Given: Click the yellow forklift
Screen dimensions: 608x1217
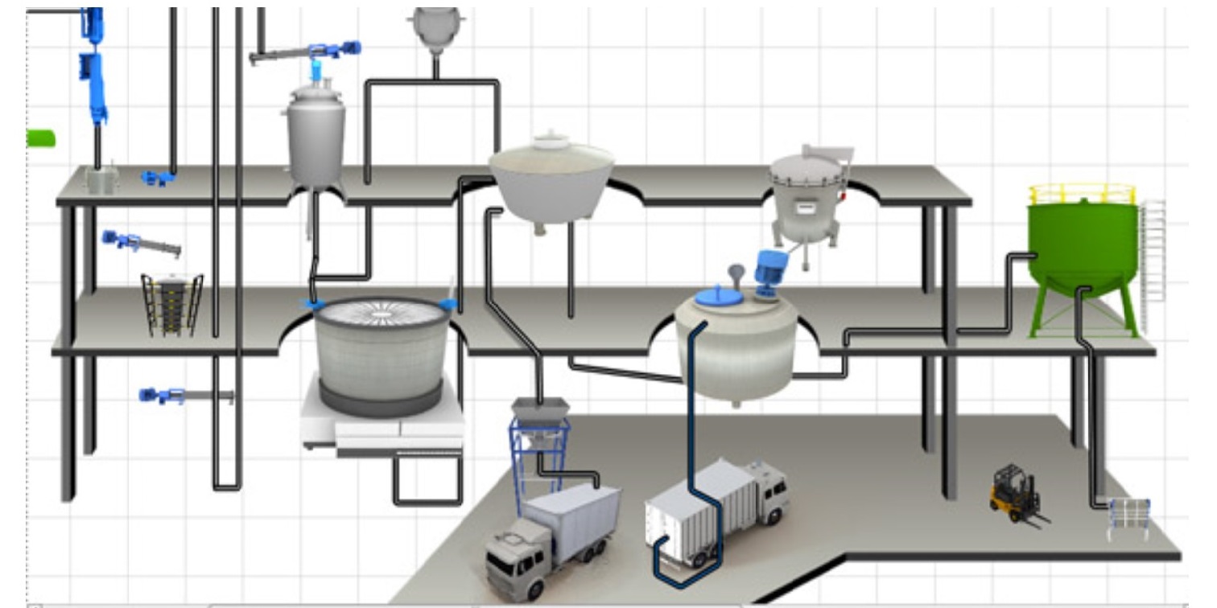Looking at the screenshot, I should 1013,493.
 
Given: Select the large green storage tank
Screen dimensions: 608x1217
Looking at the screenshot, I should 1082,245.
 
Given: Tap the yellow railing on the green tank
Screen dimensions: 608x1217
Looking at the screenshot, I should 1082,193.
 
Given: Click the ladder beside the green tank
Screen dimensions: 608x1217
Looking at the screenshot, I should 1153,249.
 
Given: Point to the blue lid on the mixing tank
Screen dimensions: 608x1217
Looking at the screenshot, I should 719,297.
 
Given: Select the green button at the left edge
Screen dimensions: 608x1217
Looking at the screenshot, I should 41,138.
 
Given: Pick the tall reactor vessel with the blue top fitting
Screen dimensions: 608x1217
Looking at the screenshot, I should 316,137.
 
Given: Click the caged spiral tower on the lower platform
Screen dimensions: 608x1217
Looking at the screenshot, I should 171,304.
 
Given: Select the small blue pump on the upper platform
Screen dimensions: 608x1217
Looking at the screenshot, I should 158,177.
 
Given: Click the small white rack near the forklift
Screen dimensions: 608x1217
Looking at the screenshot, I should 1128,518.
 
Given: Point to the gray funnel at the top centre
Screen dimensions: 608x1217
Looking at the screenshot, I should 435,28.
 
